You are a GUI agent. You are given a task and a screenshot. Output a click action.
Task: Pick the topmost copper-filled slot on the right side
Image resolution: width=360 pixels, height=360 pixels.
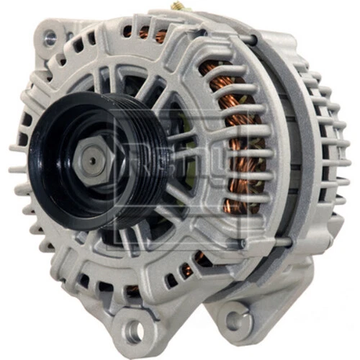click(216, 68)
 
